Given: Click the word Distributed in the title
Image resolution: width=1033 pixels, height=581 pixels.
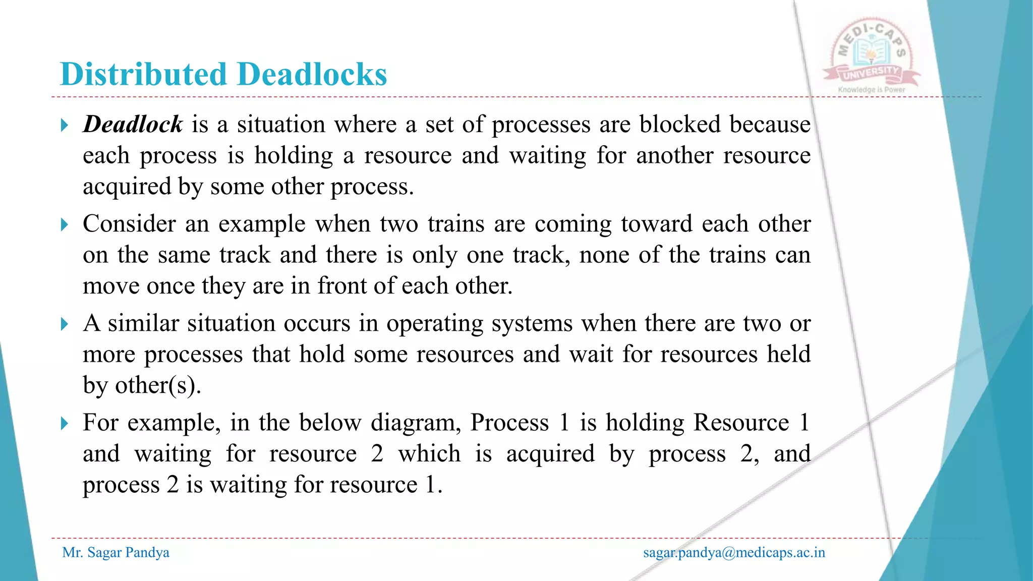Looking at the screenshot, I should click(x=144, y=74).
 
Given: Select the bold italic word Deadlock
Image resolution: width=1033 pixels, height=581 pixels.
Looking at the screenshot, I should click(x=133, y=124).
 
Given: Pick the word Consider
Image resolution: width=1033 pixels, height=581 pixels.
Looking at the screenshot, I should click(x=129, y=223).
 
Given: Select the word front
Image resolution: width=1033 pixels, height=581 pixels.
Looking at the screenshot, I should click(x=342, y=286).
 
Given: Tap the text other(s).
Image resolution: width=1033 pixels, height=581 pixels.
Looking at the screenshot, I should click(x=158, y=386).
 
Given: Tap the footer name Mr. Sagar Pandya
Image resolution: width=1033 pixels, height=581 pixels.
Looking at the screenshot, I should click(x=116, y=552).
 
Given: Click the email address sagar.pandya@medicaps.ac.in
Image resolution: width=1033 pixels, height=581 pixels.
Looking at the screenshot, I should click(x=734, y=552).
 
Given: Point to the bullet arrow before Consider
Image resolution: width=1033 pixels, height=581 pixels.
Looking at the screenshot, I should click(x=64, y=224).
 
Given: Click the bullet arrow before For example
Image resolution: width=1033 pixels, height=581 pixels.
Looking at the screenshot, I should click(x=64, y=423).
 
